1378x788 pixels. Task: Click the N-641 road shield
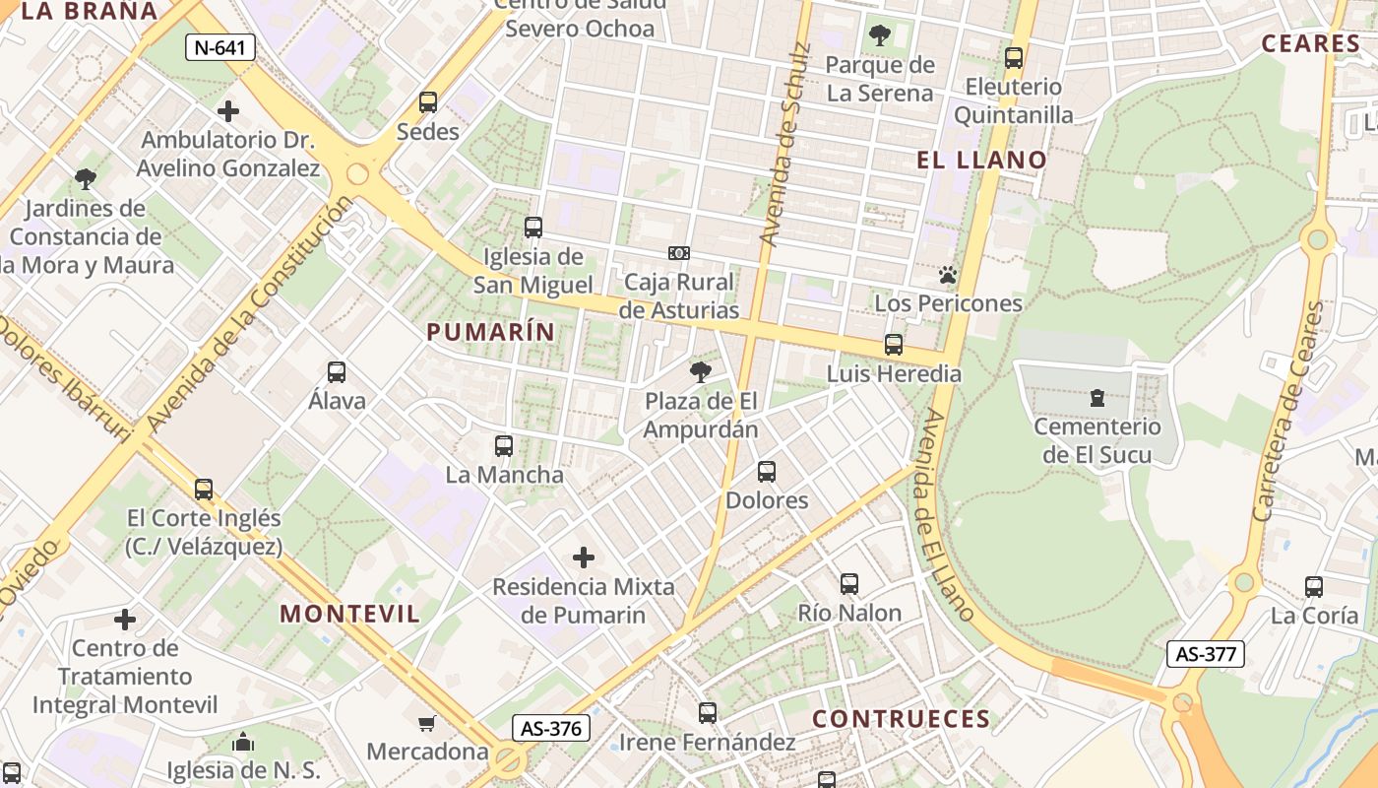[220, 47]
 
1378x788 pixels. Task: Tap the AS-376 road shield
[551, 728]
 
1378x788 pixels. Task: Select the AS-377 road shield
[1206, 653]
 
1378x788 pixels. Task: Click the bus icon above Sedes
[428, 101]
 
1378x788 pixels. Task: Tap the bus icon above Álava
[337, 372]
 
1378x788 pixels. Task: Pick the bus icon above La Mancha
[504, 445]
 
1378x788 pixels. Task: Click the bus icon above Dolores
[767, 472]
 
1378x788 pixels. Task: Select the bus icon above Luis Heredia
[894, 345]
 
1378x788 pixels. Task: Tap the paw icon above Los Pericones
[948, 275]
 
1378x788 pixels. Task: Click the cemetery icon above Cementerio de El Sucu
[1097, 398]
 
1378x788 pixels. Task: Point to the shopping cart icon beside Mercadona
[427, 724]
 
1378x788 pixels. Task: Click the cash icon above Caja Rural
[678, 253]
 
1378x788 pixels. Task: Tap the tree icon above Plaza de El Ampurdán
[701, 372]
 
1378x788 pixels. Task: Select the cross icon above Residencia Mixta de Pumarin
[584, 558]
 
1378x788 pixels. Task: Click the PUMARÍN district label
[491, 332]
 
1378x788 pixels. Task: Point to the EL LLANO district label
[982, 160]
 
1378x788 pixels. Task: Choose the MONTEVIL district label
[350, 614]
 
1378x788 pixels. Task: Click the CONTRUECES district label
[901, 719]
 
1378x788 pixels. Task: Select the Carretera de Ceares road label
[1289, 412]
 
